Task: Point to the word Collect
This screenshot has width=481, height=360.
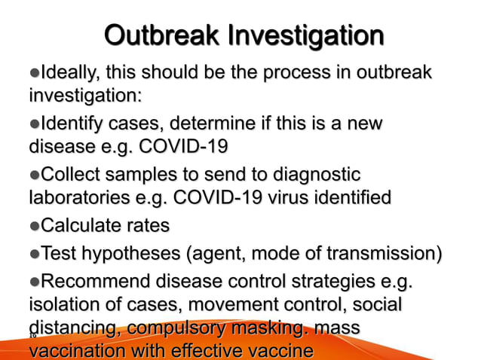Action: click(x=72, y=175)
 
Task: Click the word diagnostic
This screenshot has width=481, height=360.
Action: click(x=312, y=175)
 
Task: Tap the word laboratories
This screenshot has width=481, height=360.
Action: click(x=80, y=198)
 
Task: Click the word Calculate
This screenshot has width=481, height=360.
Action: click(x=83, y=225)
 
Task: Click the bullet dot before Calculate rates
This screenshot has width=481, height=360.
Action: click(x=33, y=226)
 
